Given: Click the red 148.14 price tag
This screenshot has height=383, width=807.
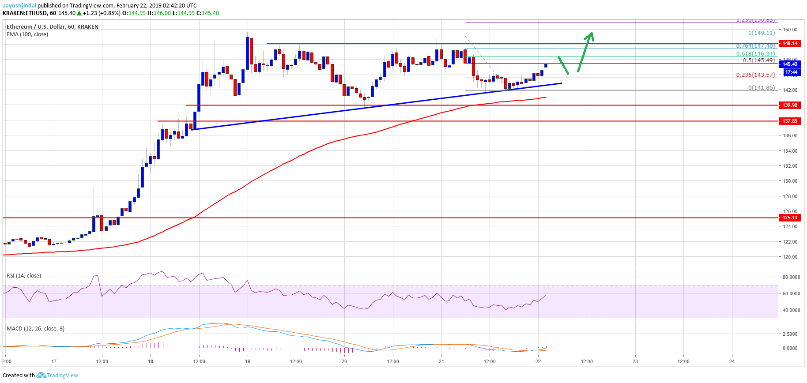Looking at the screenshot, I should [x=790, y=43].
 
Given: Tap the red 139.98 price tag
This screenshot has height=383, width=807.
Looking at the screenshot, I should [x=790, y=105].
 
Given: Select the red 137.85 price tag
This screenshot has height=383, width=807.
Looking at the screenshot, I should [x=790, y=121].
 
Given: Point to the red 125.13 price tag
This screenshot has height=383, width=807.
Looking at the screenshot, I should [x=790, y=218].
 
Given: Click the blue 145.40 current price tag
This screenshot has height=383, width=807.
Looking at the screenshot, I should [x=790, y=64].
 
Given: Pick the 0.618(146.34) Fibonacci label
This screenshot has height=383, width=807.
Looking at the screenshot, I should [x=755, y=54].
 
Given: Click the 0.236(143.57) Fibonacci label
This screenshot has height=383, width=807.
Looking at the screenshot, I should [x=755, y=75].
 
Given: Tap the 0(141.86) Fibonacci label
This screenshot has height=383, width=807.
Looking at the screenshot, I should [x=761, y=88].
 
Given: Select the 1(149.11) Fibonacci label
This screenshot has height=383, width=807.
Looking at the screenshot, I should [x=761, y=33].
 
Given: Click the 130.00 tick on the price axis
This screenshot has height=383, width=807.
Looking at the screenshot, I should [x=790, y=181].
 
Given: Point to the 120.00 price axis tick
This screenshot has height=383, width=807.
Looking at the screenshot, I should [x=790, y=257].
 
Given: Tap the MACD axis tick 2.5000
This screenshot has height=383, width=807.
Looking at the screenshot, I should [x=790, y=334].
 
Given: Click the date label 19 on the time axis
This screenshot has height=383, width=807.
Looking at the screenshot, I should [x=248, y=361].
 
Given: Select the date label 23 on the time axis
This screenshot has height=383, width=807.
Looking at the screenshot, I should [x=635, y=361].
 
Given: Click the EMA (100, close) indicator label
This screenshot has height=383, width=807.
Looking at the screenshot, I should [x=27, y=34].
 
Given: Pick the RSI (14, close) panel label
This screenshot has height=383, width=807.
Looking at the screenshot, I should [x=24, y=276].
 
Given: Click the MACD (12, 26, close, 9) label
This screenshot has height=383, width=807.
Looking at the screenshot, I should [x=35, y=329].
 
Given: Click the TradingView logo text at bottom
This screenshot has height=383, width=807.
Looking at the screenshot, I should [x=62, y=375].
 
